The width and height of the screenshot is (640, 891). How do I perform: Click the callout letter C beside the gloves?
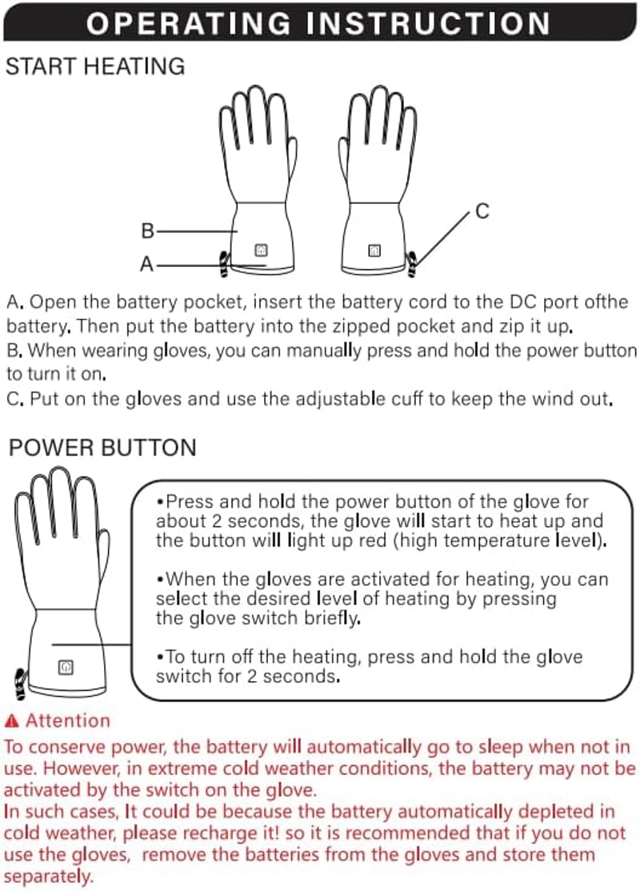click(482, 211)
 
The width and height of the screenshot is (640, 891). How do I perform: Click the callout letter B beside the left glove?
click(148, 231)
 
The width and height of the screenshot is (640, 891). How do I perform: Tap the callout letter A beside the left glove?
click(146, 264)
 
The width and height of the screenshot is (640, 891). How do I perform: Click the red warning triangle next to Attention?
click(11, 721)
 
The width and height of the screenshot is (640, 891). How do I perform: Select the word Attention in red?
click(68, 720)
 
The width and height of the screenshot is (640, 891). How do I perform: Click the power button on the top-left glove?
click(261, 250)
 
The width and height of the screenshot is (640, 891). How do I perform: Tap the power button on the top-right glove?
click(374, 250)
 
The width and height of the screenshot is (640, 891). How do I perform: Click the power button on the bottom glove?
click(66, 667)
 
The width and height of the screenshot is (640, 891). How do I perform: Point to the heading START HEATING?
click(95, 66)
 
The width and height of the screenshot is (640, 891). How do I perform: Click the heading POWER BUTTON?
click(102, 448)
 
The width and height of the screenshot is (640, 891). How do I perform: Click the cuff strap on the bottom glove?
click(22, 684)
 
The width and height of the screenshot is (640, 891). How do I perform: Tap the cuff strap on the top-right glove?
click(411, 263)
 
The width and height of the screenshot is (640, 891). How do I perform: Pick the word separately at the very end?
click(48, 877)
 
